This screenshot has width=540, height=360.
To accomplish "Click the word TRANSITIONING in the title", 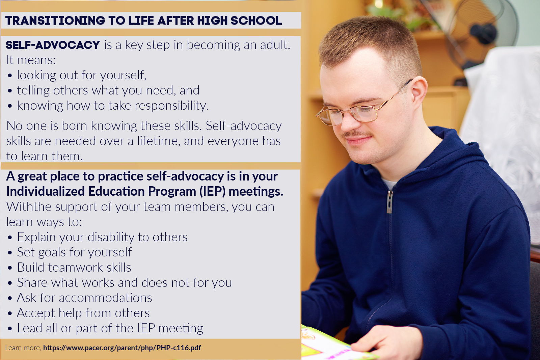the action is click(55, 21).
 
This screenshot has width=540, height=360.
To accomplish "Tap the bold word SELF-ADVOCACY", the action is click(53, 45).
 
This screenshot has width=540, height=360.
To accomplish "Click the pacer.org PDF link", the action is click(122, 348).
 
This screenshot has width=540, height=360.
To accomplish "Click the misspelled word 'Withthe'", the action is click(29, 207).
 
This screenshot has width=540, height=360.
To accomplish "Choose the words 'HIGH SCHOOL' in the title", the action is click(239, 21).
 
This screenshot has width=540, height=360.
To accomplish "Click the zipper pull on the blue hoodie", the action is click(389, 202).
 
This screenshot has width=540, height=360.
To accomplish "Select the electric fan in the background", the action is click(480, 34).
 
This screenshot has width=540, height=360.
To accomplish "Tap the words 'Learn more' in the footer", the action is click(23, 348).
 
